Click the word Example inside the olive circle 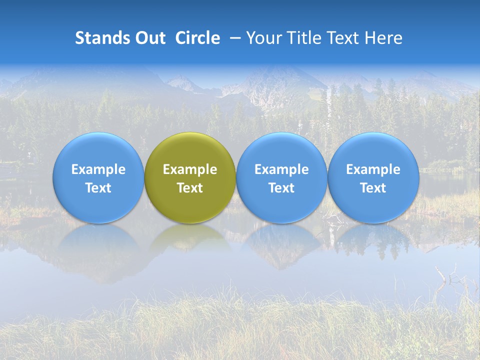[190, 169]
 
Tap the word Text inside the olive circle [190, 188]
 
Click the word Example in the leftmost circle [98, 169]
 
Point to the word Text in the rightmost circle [373, 188]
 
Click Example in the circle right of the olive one [281, 169]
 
